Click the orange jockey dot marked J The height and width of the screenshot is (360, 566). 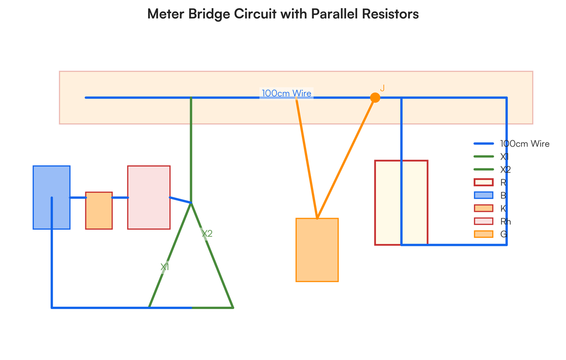click(x=375, y=98)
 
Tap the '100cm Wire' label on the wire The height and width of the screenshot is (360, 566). click(x=286, y=93)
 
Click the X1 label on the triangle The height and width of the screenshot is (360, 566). click(x=165, y=267)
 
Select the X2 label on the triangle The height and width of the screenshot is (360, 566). click(x=207, y=234)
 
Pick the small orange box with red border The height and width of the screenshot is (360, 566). click(x=99, y=210)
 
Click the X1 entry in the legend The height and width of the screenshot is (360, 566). click(x=505, y=157)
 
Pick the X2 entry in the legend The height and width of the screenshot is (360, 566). click(x=506, y=169)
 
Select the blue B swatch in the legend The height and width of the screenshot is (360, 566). click(x=483, y=195)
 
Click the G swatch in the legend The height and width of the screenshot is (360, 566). click(x=483, y=234)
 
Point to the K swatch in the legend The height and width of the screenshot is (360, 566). click(x=483, y=208)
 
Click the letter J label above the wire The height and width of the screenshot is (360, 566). click(x=383, y=88)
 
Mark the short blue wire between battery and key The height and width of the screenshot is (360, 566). click(x=78, y=198)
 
